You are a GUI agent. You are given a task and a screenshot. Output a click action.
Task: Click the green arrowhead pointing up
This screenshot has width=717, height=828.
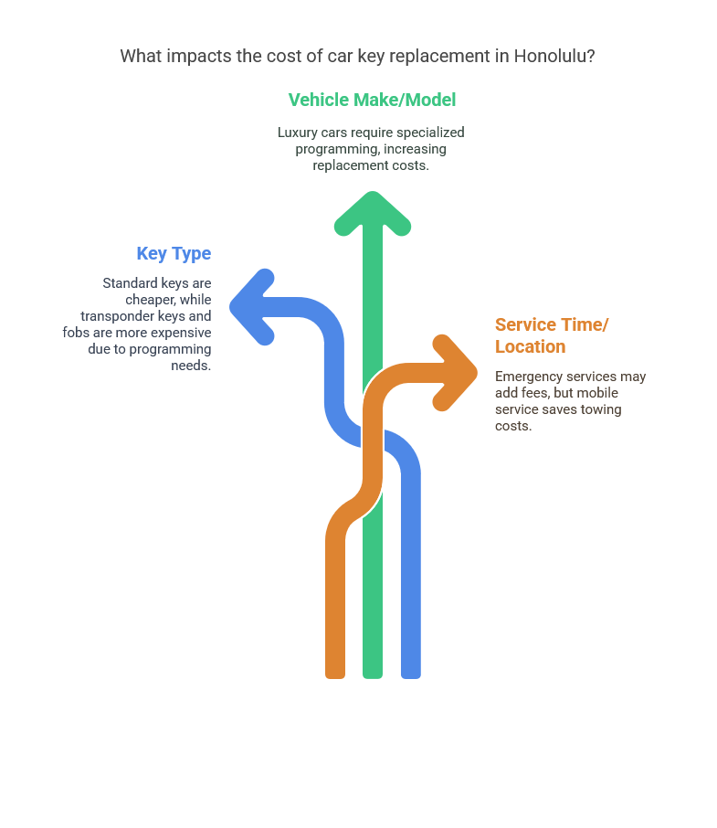373,212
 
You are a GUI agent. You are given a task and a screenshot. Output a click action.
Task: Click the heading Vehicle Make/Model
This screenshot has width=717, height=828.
372,100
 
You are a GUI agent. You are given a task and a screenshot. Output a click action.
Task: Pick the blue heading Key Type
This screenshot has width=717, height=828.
174,253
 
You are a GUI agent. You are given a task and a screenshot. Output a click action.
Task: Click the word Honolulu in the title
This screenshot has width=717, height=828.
554,56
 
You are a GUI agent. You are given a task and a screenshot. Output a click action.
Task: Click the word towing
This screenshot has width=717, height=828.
601,409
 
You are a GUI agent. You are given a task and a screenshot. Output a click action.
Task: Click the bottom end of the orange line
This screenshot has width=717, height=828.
335,677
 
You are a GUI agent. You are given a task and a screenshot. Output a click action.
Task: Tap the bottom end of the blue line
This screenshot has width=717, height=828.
411,677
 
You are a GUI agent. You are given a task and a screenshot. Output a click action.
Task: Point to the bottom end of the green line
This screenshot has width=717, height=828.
373,677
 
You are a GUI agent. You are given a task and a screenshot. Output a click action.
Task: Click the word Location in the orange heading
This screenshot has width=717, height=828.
531,346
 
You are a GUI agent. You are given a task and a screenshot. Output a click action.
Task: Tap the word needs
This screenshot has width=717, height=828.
191,366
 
